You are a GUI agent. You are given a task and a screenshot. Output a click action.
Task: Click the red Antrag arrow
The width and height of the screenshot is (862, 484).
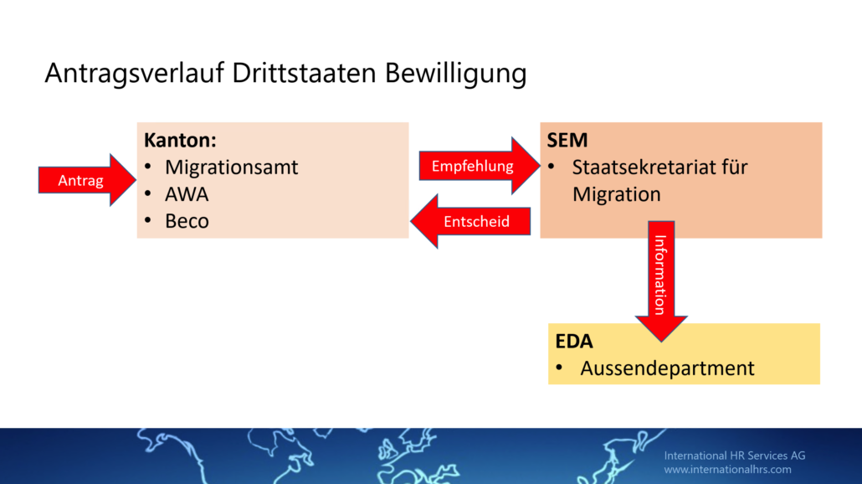pos(87,180)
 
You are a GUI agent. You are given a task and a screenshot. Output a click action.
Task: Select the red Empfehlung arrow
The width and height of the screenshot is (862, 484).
pos(480,166)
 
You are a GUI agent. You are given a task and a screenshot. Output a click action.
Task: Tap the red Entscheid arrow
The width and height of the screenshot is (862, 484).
pos(470,221)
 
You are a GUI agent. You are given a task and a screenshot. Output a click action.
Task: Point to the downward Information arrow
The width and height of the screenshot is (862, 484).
pos(661,281)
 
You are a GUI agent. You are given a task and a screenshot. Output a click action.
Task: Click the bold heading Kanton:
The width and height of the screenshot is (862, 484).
pos(180,140)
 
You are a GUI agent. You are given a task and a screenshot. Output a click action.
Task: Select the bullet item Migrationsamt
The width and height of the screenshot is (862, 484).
pos(232,167)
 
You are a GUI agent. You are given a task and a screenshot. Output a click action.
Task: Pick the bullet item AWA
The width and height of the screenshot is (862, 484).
pos(187,194)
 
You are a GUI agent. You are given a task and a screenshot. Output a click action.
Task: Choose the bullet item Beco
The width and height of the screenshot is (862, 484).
pos(187,221)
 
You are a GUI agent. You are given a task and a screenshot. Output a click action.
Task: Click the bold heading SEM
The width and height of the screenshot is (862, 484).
pos(567,140)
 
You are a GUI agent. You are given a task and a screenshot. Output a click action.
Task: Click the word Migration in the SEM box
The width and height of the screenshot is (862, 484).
pos(616,195)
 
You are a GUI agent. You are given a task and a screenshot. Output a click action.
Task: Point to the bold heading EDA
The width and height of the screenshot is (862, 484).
pos(574,341)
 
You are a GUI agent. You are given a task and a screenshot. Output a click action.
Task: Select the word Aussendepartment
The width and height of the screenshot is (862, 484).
pos(667,368)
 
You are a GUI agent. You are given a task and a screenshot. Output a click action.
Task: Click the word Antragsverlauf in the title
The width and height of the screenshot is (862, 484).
pos(135,74)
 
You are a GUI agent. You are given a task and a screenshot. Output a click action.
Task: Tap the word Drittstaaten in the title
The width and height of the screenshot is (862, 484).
pos(304,73)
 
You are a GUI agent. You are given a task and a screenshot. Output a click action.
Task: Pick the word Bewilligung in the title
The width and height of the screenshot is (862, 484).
pos(456,74)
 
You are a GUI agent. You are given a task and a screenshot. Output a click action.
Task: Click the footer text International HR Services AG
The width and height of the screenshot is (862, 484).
pos(735,456)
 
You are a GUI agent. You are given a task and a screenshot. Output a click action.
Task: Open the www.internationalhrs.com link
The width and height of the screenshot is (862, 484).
pos(727,469)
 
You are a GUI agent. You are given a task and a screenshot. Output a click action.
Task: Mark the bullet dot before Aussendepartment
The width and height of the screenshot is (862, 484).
pos(559,367)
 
